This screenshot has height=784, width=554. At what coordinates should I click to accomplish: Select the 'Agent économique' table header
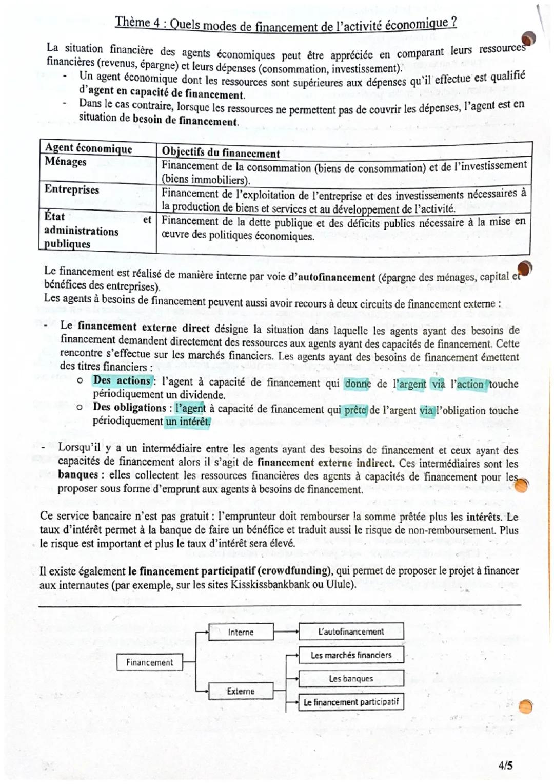[88, 148]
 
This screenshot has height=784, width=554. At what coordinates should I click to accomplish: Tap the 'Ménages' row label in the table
[66, 162]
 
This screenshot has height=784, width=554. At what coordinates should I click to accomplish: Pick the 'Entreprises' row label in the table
[72, 189]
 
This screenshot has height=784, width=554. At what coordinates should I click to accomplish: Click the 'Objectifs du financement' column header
[221, 152]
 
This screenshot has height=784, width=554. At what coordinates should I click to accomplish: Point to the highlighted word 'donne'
[358, 384]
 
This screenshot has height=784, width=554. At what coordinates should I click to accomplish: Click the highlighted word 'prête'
[354, 410]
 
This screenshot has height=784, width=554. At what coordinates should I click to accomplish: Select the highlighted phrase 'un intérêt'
[188, 422]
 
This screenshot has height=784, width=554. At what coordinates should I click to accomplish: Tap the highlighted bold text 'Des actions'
[122, 380]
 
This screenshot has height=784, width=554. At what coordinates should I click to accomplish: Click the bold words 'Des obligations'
[129, 407]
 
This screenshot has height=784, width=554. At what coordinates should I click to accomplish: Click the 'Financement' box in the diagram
[149, 662]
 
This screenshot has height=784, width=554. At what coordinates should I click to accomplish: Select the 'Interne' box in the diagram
[241, 632]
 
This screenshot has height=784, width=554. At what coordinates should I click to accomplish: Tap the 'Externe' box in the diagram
[241, 691]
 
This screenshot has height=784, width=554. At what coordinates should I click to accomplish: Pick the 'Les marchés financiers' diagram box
[351, 655]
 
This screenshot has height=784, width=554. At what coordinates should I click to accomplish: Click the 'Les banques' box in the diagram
[351, 679]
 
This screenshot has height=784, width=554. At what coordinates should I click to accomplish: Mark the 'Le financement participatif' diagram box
[351, 702]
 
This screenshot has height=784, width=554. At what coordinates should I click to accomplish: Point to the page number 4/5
[505, 766]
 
